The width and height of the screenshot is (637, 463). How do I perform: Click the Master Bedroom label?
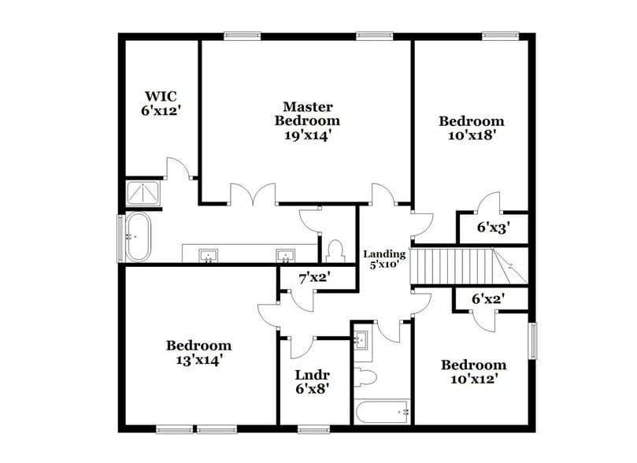click(307, 120)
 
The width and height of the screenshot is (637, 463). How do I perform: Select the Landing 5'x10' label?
click(384, 259)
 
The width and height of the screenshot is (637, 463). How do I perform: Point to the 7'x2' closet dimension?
click(313, 277)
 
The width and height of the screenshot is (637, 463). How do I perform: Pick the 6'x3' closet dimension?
click(493, 228)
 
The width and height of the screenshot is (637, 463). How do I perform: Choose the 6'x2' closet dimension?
click(487, 298)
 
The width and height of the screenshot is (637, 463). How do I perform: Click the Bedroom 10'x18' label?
click(471, 128)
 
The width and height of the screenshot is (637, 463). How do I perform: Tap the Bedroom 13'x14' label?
click(198, 352)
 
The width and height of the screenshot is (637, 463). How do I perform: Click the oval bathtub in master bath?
click(139, 236)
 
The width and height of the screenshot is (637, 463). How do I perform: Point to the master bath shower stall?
click(143, 194)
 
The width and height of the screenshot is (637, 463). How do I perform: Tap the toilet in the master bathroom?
click(335, 251)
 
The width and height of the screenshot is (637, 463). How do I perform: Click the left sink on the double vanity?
click(209, 255)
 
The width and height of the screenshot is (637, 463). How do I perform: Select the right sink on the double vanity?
click(284, 255)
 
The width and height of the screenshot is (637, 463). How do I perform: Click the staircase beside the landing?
click(457, 266)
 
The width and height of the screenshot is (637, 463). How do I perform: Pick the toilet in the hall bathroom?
click(365, 376)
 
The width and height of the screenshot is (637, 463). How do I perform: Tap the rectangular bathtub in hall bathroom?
click(382, 412)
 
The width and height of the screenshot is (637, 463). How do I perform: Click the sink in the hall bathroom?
click(362, 340)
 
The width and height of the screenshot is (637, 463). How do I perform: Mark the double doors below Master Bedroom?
click(252, 195)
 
